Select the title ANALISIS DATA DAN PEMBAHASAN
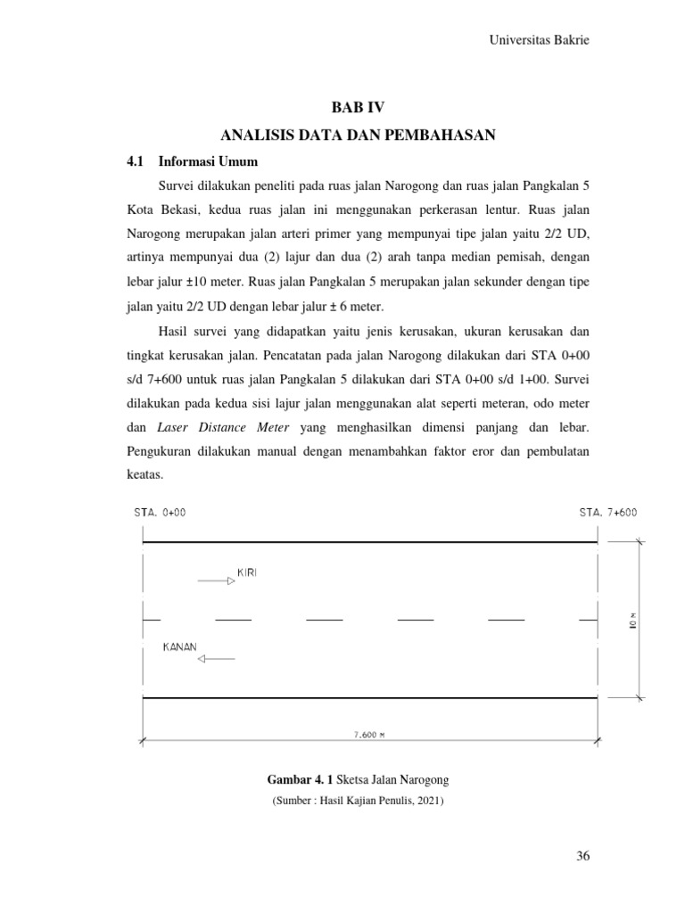point(357,135)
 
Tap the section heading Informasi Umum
point(208,162)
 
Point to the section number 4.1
point(135,162)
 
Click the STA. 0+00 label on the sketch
point(161,513)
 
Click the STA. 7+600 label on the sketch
point(608,513)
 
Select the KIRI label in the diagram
point(248,572)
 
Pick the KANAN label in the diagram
point(179,646)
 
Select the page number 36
point(583,857)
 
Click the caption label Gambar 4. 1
point(287,782)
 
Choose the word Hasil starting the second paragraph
point(175,333)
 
